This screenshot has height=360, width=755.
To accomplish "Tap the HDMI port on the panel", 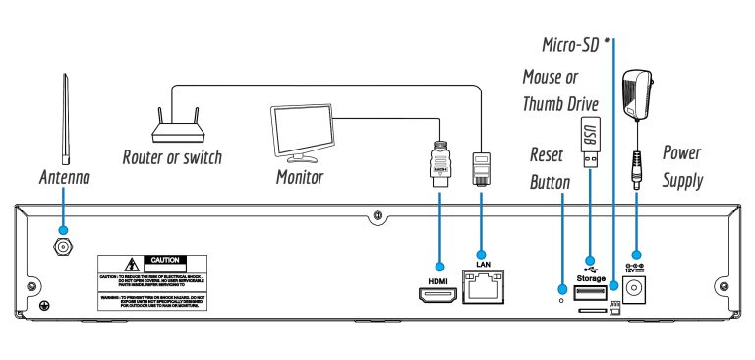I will (x=438, y=292).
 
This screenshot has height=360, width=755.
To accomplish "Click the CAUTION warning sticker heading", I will (x=162, y=260).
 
